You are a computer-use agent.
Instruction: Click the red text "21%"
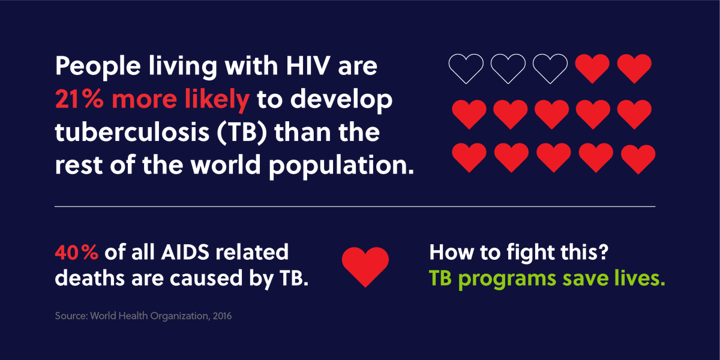[79, 100]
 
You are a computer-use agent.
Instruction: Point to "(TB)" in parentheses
[259, 133]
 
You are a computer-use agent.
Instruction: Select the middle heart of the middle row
[550, 114]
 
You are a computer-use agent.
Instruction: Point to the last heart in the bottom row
[638, 158]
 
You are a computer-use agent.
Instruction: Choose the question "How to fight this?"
[520, 253]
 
